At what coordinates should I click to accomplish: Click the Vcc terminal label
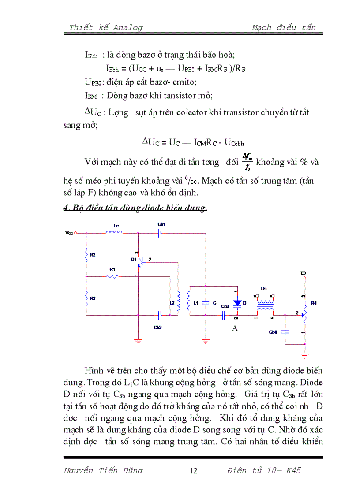pos(68,233)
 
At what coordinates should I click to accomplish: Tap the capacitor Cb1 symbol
pos(160,233)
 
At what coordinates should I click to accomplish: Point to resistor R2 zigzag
pos(86,255)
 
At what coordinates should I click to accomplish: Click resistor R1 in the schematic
pos(112,276)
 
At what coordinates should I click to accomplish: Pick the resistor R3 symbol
pos(86,298)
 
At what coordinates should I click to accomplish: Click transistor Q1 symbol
pos(140,261)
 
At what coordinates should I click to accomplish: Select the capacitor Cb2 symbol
pos(160,315)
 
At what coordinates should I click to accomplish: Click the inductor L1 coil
pos(189,302)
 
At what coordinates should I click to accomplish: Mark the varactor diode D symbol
pos(237,303)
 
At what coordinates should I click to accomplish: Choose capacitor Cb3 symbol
pos(224,315)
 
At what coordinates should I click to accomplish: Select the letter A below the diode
pos(235,328)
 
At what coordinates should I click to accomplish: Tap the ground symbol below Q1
pos(138,339)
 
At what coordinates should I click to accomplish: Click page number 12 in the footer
pos(193,470)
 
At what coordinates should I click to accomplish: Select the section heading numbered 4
pos(135,208)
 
